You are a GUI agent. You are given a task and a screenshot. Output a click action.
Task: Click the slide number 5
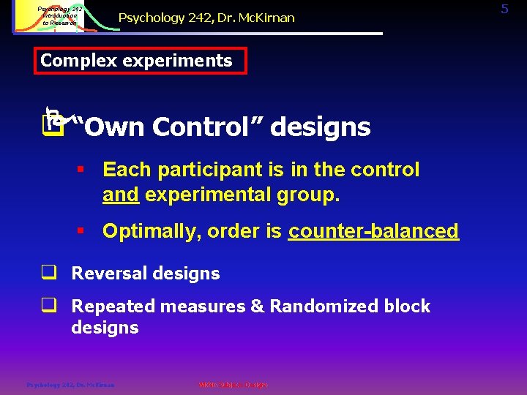coord(504,9)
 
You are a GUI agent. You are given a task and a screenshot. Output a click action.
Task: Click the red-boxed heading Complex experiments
coord(137,61)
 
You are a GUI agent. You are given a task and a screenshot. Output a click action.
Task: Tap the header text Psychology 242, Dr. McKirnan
coord(206,18)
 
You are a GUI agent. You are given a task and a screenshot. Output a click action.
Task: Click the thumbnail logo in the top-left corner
coord(51,17)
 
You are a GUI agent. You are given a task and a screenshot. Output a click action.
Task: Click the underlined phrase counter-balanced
coord(373,231)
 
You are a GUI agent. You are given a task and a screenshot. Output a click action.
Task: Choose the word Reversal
coord(106,274)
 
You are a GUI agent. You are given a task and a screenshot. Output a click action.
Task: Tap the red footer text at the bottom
coord(233,385)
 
